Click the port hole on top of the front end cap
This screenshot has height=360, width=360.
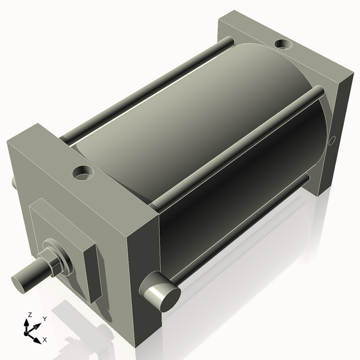(83, 173)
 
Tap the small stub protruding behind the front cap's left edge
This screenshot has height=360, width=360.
(13, 182)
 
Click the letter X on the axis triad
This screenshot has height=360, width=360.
(45, 340)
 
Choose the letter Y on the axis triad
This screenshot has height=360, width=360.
(44, 319)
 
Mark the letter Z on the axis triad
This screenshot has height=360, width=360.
(29, 314)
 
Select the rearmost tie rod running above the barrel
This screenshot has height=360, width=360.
(150, 89)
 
